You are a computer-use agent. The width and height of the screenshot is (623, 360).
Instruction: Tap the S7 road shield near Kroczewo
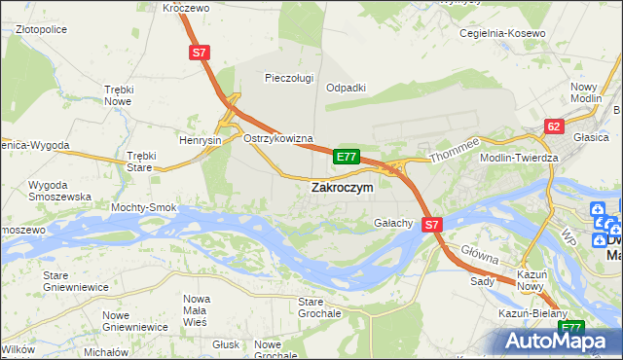tap(199, 55)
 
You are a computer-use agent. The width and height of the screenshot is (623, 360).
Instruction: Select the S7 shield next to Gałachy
tap(433, 224)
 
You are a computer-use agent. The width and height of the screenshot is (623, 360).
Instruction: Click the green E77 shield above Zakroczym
tap(347, 156)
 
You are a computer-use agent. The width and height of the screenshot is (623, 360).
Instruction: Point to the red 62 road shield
tap(554, 126)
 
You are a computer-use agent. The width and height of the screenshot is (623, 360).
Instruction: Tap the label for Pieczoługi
tap(289, 77)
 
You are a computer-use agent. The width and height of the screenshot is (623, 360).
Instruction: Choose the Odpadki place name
tap(346, 87)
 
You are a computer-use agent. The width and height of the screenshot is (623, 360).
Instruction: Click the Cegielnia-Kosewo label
tap(502, 33)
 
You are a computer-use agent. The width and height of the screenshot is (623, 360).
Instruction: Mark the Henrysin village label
tap(201, 140)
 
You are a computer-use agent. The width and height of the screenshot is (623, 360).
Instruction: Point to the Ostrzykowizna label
tap(277, 139)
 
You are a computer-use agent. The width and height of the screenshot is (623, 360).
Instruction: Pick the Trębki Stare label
tap(141, 162)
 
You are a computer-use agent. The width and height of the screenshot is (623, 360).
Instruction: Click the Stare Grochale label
tap(318, 308)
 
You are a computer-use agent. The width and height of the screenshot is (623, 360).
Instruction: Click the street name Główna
tap(480, 256)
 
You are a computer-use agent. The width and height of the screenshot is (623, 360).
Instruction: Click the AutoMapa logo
tap(559, 341)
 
